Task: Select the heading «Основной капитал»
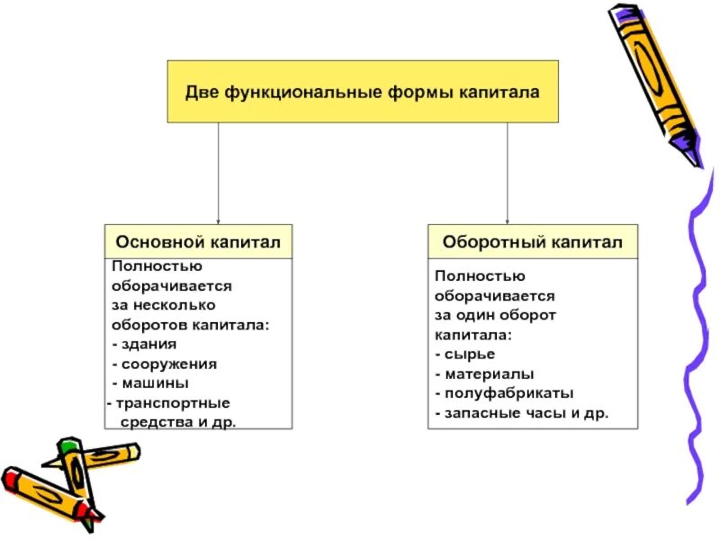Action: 198,242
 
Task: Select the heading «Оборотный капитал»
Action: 532,242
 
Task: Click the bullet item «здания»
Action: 148,344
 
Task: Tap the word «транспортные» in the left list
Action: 172,402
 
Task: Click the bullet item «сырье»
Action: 467,353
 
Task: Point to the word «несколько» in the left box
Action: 170,304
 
